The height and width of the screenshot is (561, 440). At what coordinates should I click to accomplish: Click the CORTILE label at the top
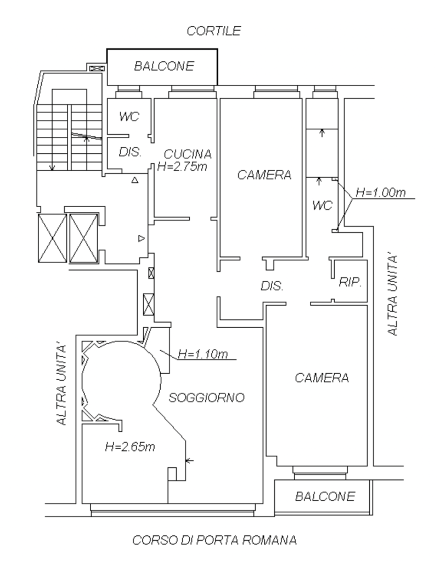click(213, 31)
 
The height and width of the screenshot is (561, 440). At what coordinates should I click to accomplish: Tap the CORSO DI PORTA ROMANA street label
click(215, 540)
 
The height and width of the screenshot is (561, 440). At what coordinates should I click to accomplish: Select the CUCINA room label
click(188, 154)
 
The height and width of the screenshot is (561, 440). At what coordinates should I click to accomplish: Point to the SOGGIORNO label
click(206, 398)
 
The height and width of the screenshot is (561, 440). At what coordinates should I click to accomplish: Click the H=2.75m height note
click(182, 167)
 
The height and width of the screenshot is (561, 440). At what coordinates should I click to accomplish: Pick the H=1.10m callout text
click(202, 354)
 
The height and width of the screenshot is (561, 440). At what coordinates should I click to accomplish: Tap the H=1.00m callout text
click(381, 192)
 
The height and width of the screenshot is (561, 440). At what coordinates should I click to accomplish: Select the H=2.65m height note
click(129, 446)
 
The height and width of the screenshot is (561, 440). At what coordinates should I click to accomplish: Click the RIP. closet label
click(350, 282)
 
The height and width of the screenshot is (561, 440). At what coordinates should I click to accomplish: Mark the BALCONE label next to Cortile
click(164, 66)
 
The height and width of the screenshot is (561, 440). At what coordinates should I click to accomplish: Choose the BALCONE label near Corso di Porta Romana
click(325, 496)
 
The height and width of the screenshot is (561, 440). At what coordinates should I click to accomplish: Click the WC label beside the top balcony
click(129, 117)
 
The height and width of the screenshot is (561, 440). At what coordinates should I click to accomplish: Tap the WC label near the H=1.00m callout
click(323, 205)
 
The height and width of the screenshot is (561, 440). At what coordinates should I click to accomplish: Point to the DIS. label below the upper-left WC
click(130, 152)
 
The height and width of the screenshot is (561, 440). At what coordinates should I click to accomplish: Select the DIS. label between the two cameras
click(272, 286)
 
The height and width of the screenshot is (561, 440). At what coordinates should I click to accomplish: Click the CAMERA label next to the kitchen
click(264, 175)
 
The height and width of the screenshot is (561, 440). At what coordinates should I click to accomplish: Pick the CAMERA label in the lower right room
click(321, 378)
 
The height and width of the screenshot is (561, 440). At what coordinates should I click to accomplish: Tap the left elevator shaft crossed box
click(52, 238)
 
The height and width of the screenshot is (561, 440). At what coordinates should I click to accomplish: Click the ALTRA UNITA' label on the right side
click(393, 295)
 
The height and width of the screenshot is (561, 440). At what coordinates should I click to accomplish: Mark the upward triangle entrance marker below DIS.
click(135, 180)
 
